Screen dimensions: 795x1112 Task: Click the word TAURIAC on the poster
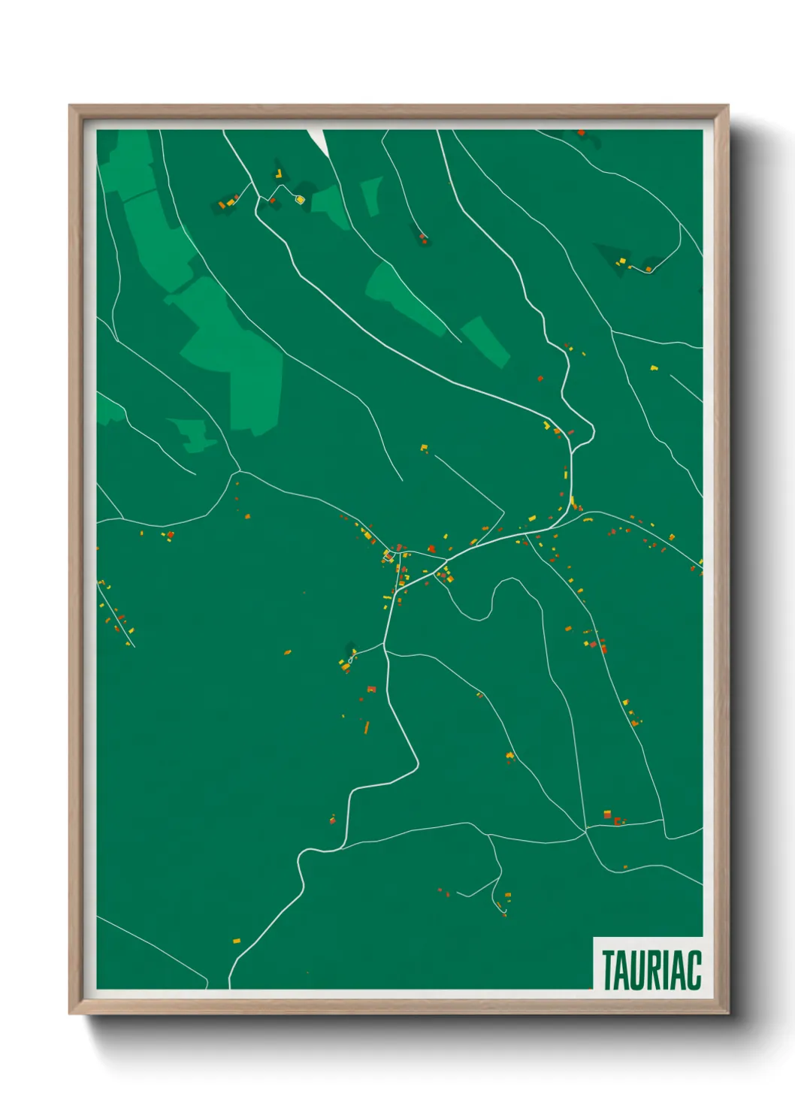tap(651, 970)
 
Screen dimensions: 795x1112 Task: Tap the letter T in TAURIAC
tap(608, 970)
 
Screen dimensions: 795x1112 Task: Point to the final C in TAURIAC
tap(693, 970)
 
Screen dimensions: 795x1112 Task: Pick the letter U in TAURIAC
tap(639, 970)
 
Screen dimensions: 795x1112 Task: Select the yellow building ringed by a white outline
tap(300, 199)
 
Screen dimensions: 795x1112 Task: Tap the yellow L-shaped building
tap(279, 174)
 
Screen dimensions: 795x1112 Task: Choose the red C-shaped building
tap(618, 821)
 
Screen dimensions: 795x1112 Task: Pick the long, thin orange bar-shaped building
tap(367, 727)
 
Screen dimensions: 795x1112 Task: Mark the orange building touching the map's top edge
tap(581, 133)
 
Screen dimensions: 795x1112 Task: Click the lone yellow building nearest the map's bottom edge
tap(236, 941)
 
